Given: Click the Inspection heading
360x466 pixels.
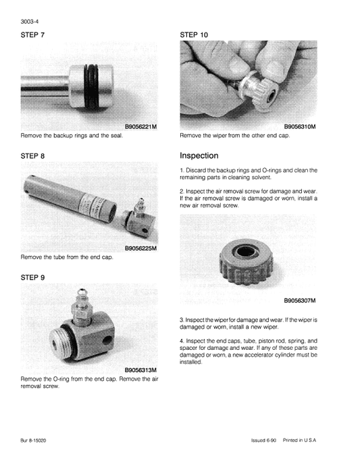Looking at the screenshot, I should [x=199, y=155].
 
